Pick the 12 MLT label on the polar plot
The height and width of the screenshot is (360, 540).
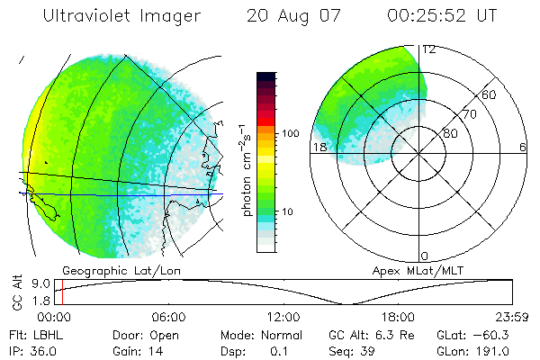click(x=429, y=49)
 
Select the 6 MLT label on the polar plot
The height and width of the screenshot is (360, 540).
click(x=522, y=147)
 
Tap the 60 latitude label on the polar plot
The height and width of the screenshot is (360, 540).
click(x=490, y=94)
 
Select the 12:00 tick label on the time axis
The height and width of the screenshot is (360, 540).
click(x=283, y=317)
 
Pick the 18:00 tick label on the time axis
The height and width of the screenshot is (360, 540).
click(x=398, y=317)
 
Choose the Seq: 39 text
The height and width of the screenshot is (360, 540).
click(x=355, y=350)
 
